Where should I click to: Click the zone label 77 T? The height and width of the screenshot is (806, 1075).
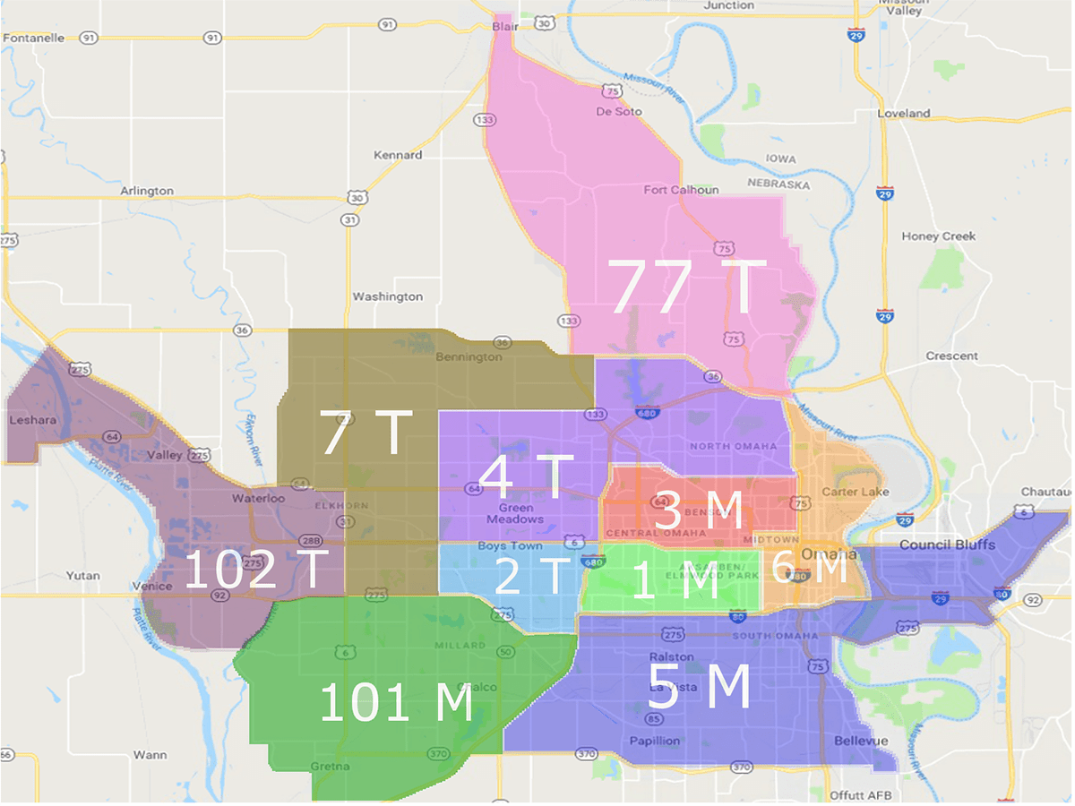tap(687, 287)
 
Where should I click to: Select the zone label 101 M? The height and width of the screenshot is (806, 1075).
tap(396, 702)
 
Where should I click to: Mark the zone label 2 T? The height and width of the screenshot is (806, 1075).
tap(532, 577)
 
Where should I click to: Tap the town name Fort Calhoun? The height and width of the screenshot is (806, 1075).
tap(681, 190)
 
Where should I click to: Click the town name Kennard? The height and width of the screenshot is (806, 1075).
tap(398, 155)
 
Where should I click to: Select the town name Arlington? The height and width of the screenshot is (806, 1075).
tap(147, 191)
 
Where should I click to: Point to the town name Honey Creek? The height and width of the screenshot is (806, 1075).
tap(939, 236)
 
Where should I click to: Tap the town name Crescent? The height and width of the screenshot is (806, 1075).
tap(952, 356)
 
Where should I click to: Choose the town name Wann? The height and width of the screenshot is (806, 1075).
tap(150, 755)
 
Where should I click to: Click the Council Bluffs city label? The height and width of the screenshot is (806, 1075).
tap(947, 544)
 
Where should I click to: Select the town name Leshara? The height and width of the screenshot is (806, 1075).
tap(32, 419)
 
